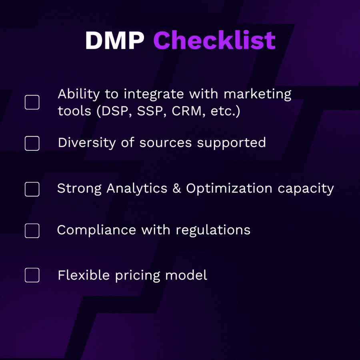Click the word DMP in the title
tap(114, 40)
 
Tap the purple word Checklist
tap(214, 40)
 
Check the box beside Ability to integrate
tap(32, 102)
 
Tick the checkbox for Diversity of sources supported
tap(32, 143)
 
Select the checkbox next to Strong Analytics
tap(32, 189)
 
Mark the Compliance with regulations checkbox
tap(32, 230)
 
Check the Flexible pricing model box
tap(32, 275)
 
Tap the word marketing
tap(257, 94)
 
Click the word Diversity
tap(87, 142)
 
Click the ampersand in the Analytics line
tap(176, 188)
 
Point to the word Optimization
tap(229, 188)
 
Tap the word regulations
tap(213, 230)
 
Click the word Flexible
tap(84, 275)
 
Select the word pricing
tap(138, 276)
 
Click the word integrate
tap(154, 94)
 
